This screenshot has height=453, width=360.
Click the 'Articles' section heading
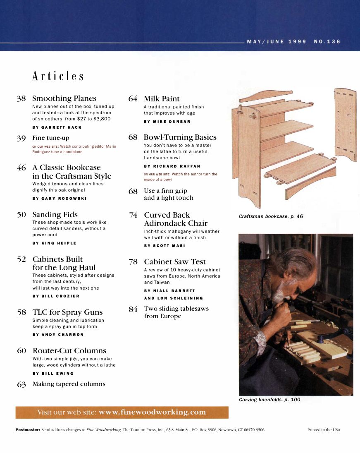click(x=58, y=77)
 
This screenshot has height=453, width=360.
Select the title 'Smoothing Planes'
click(x=64, y=98)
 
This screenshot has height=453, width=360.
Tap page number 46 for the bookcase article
click(x=21, y=168)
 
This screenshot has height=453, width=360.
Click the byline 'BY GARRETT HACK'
click(x=57, y=127)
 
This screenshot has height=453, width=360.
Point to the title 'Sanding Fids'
click(x=55, y=215)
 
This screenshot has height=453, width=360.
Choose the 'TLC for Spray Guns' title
click(x=67, y=312)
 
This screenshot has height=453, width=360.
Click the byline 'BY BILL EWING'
click(x=52, y=373)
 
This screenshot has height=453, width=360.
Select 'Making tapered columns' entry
click(x=69, y=384)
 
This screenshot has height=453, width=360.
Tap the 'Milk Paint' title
click(x=162, y=99)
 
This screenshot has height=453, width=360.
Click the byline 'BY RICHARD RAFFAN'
click(x=172, y=166)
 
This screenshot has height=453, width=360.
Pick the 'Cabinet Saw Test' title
click(x=174, y=262)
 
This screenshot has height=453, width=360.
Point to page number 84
click(x=133, y=309)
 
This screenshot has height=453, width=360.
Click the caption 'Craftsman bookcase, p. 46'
click(x=271, y=216)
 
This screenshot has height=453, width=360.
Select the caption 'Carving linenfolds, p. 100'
click(x=269, y=400)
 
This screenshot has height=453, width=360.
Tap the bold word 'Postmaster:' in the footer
click(x=27, y=430)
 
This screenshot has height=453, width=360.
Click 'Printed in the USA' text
click(x=324, y=430)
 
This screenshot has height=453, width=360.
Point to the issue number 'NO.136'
click(x=327, y=42)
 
